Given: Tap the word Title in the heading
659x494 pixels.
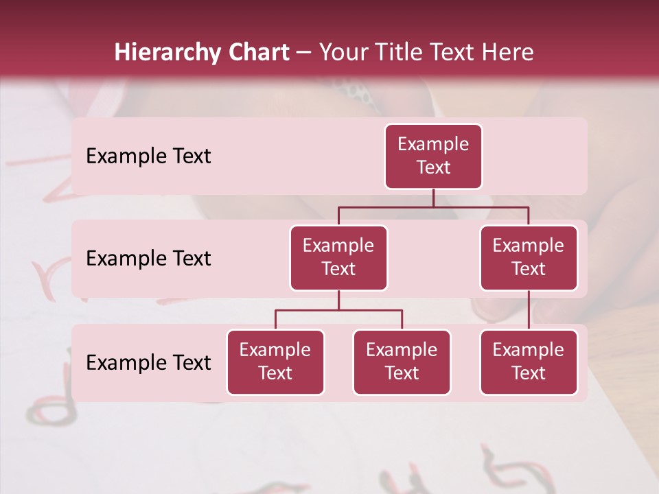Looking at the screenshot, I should coord(399,53).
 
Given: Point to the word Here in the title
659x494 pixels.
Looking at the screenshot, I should coord(508,53).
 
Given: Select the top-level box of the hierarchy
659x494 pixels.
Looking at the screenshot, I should coord(433,156).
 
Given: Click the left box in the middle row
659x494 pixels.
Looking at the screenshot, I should coord(338,258).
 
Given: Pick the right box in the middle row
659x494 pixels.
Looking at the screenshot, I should coord(529,258).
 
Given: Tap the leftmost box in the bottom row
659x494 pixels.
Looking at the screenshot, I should coord(275,362).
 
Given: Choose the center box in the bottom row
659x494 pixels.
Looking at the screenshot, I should coord(402,362).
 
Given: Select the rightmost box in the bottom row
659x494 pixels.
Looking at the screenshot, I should coord(529,362).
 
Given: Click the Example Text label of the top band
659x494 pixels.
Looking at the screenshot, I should coord(148,156).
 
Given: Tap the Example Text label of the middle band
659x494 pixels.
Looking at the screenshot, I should coord(148,259).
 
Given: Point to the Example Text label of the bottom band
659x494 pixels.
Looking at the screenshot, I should coord(148,363).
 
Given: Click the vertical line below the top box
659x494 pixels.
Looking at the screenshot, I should coord(433,198).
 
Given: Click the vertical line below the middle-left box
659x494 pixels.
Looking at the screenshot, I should coord(338,301).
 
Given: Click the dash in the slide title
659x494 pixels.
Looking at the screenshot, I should coord(304,54).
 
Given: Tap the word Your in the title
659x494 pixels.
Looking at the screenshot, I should coord(343,53).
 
